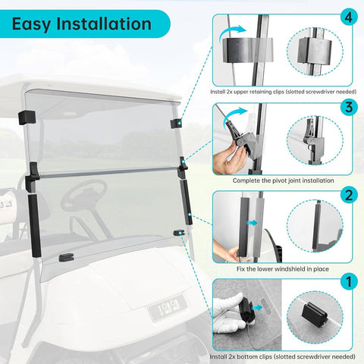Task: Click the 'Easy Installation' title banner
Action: tap(82, 24)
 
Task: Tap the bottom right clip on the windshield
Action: tap(179, 232)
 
